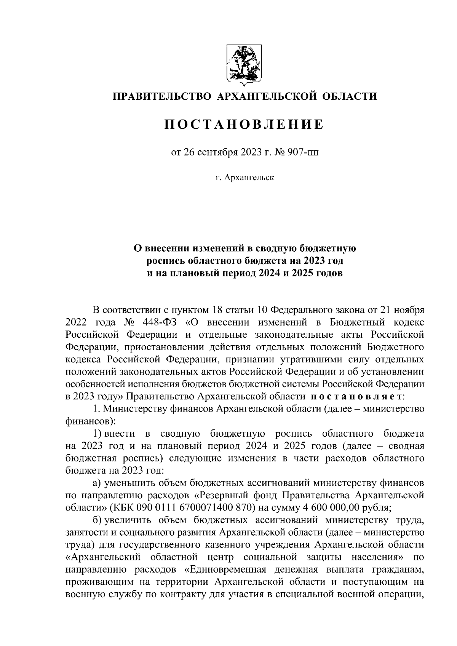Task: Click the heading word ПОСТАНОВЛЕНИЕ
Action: click(x=244, y=124)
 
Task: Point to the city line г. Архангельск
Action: click(x=244, y=177)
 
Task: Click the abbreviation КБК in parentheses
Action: click(x=122, y=507)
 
